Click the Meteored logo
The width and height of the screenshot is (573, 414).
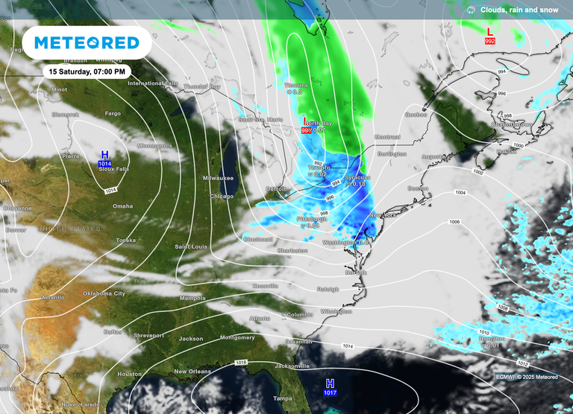87,43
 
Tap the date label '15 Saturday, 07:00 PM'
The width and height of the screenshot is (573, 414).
87,71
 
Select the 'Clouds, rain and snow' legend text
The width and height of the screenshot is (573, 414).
519,10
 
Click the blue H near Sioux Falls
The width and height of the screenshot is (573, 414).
104,154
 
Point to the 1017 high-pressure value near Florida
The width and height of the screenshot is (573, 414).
330,392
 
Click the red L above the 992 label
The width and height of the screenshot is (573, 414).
489,32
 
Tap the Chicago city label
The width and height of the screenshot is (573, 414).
222,197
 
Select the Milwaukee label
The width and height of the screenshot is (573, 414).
219,179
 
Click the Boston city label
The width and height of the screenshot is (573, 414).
418,188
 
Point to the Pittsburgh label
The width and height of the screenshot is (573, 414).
311,220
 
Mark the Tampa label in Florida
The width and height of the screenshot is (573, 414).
283,398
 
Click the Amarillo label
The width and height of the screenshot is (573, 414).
53,297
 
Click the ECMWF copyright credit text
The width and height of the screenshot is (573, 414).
527,377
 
